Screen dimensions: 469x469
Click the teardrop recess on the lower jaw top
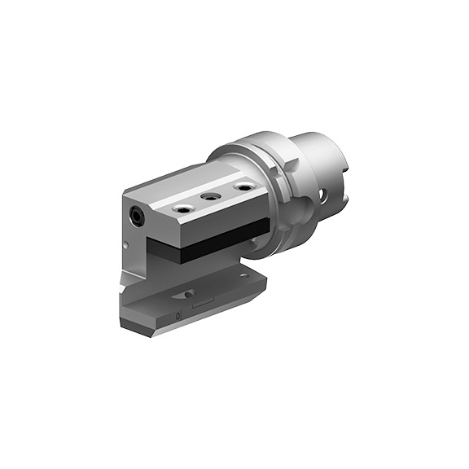click(189, 293)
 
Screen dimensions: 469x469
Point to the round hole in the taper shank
click(325, 196)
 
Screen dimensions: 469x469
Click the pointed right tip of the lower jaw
click(265, 282)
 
